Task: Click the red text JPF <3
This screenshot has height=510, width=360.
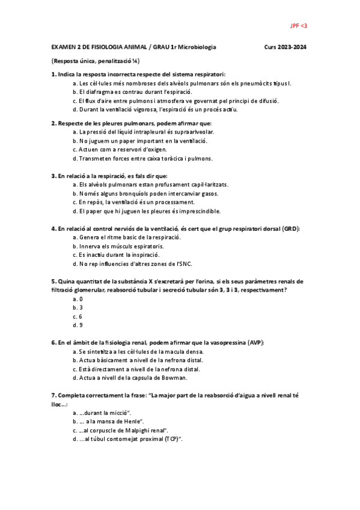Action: click(x=299, y=26)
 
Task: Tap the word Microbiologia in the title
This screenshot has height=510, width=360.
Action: click(x=197, y=46)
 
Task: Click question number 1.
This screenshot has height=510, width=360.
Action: click(x=54, y=74)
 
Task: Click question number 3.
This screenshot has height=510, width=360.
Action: click(x=54, y=176)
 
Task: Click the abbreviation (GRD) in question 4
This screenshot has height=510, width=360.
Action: click(x=291, y=229)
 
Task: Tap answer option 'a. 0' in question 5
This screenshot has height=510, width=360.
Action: click(x=77, y=299)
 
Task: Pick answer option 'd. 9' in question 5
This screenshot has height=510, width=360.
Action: click(x=77, y=325)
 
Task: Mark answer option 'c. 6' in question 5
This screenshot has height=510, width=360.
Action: click(x=77, y=316)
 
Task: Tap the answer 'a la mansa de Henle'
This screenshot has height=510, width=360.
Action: click(x=111, y=422)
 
